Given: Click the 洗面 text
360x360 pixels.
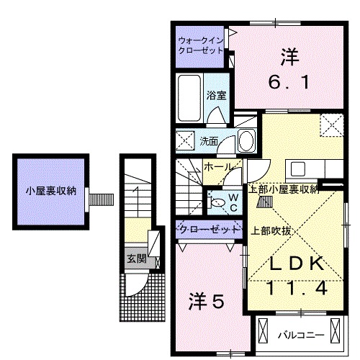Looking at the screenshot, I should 209,140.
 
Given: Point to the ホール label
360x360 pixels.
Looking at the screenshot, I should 218,166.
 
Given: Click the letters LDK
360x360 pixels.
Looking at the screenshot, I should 295,264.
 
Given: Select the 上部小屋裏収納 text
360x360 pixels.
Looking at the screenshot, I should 284,189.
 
